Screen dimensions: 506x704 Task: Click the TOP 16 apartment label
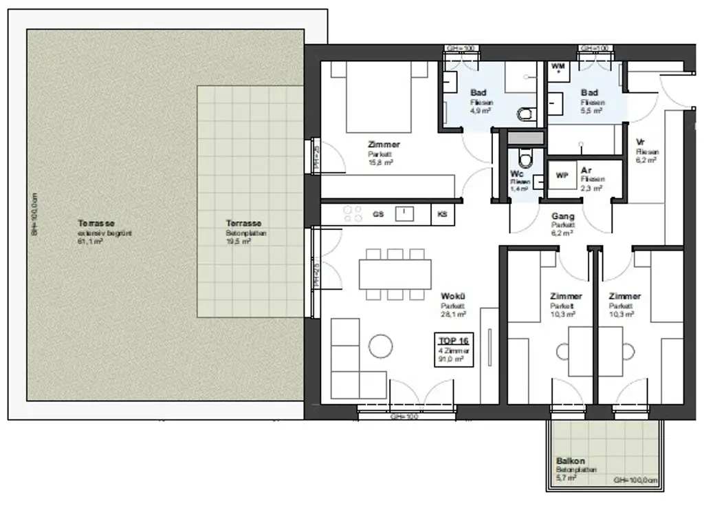pyautogui.click(x=454, y=340)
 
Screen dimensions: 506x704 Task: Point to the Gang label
pyautogui.click(x=562, y=216)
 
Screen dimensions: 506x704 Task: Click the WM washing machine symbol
pyautogui.click(x=559, y=67)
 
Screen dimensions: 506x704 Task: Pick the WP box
pyautogui.click(x=562, y=176)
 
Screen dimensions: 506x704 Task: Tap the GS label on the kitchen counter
pyautogui.click(x=378, y=214)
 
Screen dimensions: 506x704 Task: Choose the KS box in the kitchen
pyautogui.click(x=442, y=214)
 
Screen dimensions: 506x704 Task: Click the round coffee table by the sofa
pyautogui.click(x=380, y=346)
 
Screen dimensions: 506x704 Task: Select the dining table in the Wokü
pyautogui.click(x=395, y=274)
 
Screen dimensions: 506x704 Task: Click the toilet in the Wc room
pyautogui.click(x=525, y=159)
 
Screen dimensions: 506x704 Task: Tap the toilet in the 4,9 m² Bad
pyautogui.click(x=525, y=114)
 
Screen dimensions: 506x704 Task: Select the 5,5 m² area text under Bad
pyautogui.click(x=592, y=110)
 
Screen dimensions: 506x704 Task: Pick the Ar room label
pyautogui.click(x=586, y=170)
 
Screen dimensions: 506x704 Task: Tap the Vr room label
pyautogui.click(x=641, y=142)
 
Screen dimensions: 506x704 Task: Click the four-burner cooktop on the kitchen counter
pyautogui.click(x=353, y=214)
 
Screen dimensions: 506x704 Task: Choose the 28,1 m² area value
pyautogui.click(x=453, y=314)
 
